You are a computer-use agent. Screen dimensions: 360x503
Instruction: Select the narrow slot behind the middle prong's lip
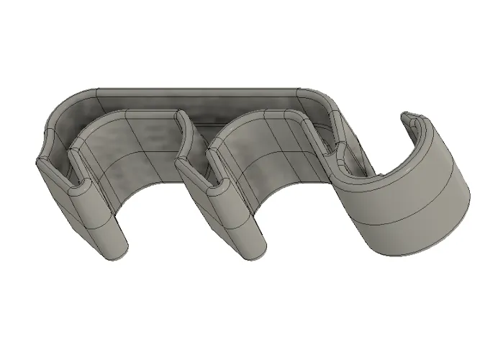(x=209, y=162)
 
